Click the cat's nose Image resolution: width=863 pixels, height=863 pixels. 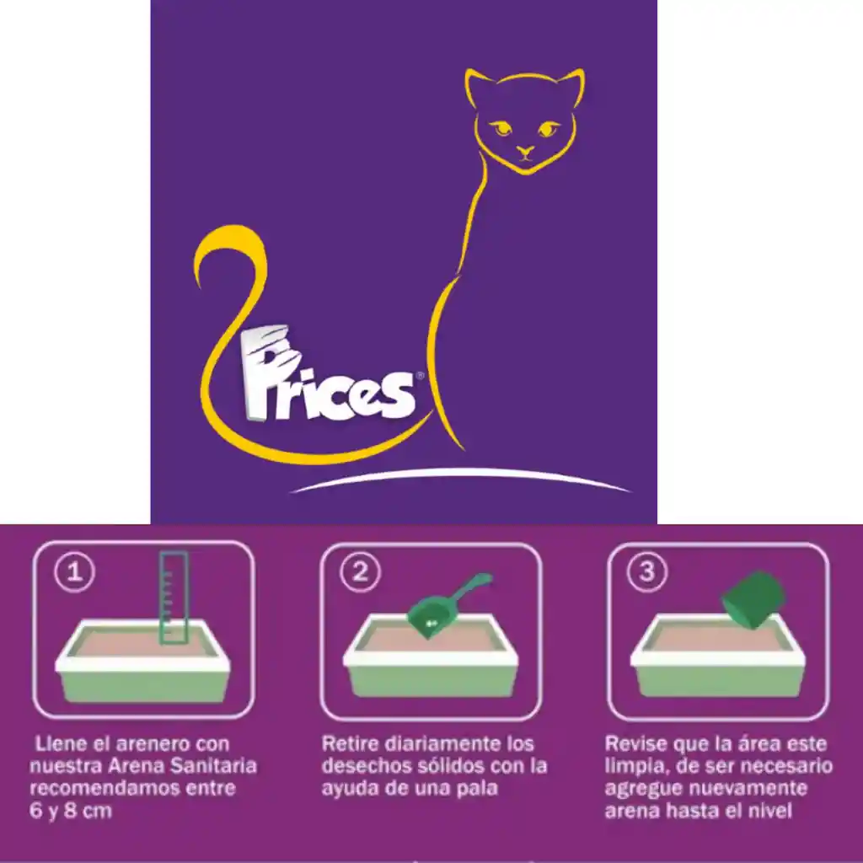[x=525, y=150]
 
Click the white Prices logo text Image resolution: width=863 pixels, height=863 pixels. [x=328, y=374]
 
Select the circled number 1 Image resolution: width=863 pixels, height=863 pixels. [x=75, y=572]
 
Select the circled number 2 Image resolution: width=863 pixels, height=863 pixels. [x=360, y=572]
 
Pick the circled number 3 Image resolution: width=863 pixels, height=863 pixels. [x=647, y=572]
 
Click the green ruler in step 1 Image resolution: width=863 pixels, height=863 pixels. [x=174, y=598]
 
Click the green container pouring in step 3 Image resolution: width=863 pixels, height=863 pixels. [x=753, y=600]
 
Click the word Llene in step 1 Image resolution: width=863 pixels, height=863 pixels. [x=60, y=743]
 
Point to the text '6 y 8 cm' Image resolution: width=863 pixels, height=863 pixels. [x=71, y=811]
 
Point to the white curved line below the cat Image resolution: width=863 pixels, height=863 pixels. [x=461, y=478]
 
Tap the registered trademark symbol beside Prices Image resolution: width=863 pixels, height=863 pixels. [x=420, y=376]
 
